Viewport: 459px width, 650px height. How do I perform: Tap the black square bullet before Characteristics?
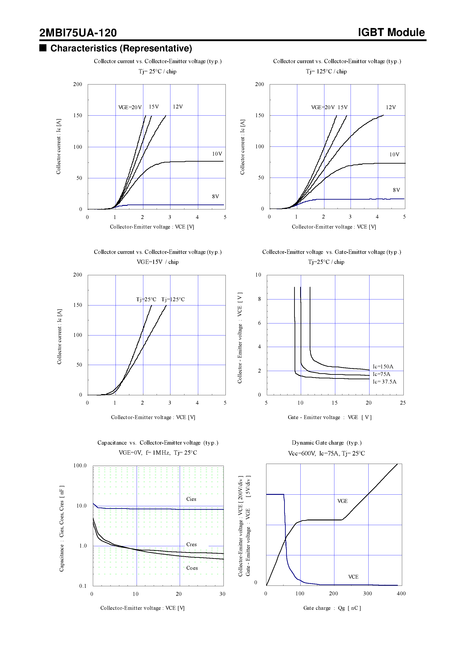[43, 48]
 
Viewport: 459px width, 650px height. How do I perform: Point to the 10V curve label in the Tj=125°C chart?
[394, 154]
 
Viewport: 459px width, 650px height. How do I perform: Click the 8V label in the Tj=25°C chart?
[215, 197]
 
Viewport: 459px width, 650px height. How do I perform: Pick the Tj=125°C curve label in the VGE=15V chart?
[173, 299]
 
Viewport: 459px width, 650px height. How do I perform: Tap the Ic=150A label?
[383, 367]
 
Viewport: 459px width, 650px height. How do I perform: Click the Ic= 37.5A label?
[384, 382]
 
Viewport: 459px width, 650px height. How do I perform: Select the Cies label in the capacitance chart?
[191, 499]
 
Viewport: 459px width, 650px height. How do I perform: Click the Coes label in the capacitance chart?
[192, 568]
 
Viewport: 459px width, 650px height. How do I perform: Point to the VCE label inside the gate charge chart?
[353, 577]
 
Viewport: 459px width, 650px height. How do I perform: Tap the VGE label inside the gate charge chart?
[342, 501]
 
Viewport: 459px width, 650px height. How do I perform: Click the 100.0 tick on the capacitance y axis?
[80, 465]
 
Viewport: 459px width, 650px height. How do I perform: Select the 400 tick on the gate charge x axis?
[401, 593]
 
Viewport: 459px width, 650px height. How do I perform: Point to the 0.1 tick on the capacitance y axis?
[83, 586]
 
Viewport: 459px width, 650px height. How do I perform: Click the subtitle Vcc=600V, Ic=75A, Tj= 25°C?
[326, 453]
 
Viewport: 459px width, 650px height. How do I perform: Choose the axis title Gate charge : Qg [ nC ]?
[332, 608]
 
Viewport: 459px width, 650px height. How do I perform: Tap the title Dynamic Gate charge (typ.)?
[327, 443]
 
